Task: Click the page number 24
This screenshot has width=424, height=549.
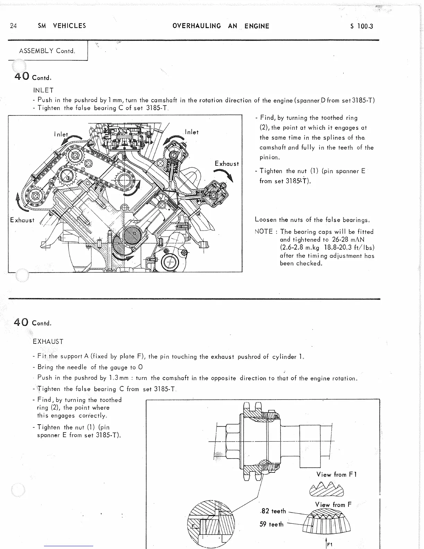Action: coord(14,26)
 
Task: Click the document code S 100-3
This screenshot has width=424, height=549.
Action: coord(361,26)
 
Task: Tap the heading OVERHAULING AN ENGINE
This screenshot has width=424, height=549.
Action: coord(221,26)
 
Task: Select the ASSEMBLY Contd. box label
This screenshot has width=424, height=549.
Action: coord(47,51)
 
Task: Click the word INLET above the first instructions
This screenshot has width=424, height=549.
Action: coord(43,90)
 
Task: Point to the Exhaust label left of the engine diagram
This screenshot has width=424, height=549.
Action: coord(23,220)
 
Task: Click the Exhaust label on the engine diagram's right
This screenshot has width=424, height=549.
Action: coord(227,164)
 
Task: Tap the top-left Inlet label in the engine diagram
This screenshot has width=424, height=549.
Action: coord(61,134)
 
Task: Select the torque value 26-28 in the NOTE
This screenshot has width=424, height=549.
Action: coord(335,239)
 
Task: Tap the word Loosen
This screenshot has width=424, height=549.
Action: coord(266,220)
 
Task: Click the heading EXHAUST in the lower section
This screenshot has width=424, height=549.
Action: coord(48,342)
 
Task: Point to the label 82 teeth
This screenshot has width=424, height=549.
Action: coord(273,511)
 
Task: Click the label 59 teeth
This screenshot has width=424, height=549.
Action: coord(272,524)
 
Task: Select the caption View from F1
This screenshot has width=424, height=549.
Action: coord(336,474)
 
